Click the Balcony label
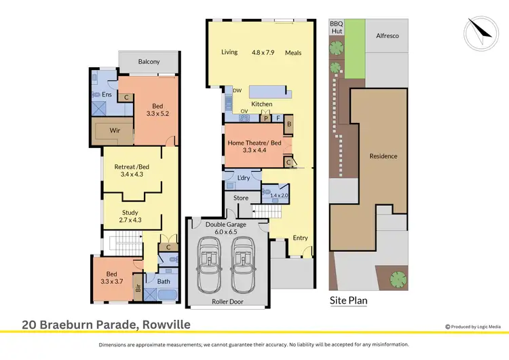[149, 62]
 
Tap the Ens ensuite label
[107, 94]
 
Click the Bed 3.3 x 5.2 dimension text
[157, 113]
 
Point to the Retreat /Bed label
[133, 165]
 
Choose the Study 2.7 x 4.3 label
[130, 217]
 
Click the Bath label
[164, 281]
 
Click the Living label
[229, 52]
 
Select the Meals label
[293, 52]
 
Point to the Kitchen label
[261, 104]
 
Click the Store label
[241, 198]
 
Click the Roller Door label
[227, 302]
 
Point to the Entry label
[300, 238]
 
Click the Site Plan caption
[348, 300]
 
